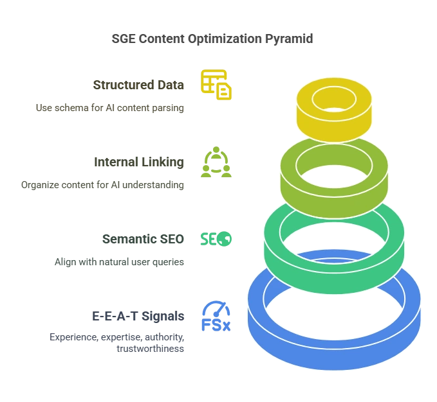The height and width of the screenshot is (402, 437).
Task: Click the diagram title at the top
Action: tap(210, 39)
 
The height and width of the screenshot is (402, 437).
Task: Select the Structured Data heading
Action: tap(138, 85)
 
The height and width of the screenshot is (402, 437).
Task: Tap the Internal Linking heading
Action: tap(138, 163)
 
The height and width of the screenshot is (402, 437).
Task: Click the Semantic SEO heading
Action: tap(141, 240)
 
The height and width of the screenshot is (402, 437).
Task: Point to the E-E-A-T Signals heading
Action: tap(138, 317)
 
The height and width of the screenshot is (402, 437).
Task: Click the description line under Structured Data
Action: tap(110, 108)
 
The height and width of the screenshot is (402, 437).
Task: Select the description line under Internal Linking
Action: tap(102, 185)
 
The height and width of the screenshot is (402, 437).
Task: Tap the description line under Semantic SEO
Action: tap(118, 262)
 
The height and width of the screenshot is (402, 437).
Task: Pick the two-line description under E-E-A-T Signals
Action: tap(116, 343)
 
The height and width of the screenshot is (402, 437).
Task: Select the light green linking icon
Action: tap(216, 163)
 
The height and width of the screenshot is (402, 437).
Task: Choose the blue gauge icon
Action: tap(216, 316)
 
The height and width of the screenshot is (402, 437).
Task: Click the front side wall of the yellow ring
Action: tap(333, 128)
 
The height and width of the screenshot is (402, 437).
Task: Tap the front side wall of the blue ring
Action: tap(335, 360)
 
